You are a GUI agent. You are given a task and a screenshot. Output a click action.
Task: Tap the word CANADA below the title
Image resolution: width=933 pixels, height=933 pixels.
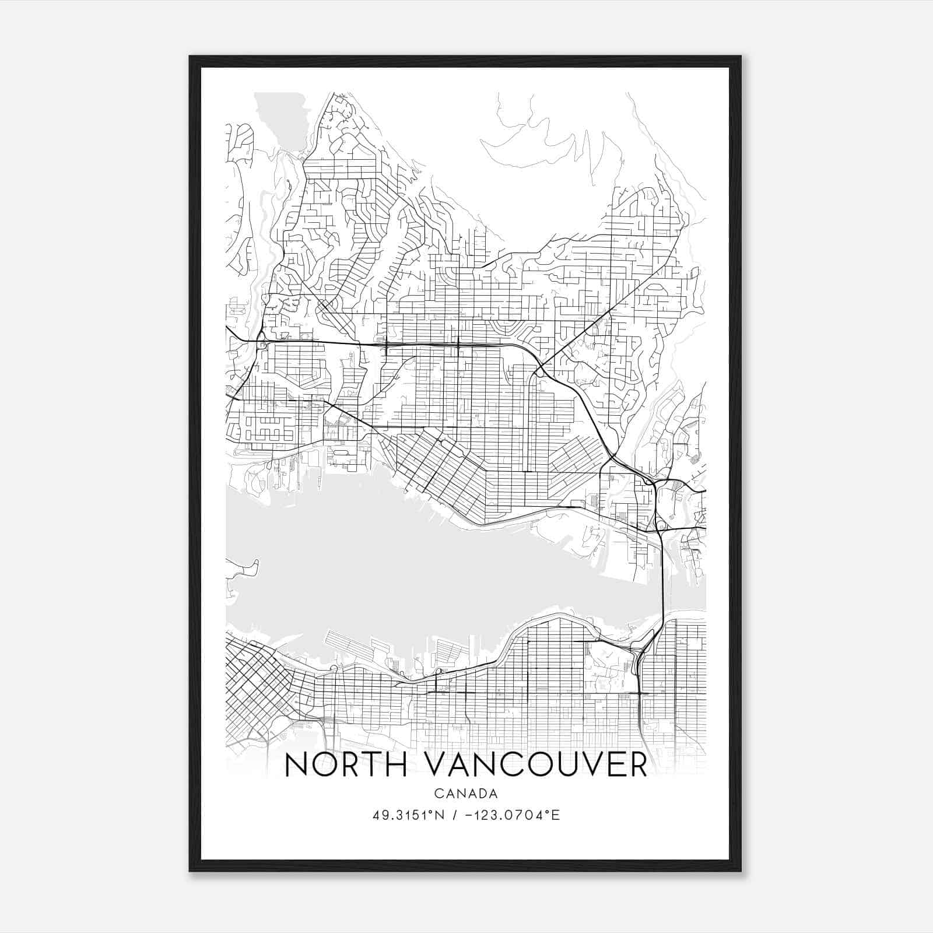point(465,794)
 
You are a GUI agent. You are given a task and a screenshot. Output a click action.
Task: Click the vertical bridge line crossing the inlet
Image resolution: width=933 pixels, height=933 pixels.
point(663,583)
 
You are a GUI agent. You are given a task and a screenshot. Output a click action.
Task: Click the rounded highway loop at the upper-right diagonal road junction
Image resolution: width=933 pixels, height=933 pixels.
point(540,370)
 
